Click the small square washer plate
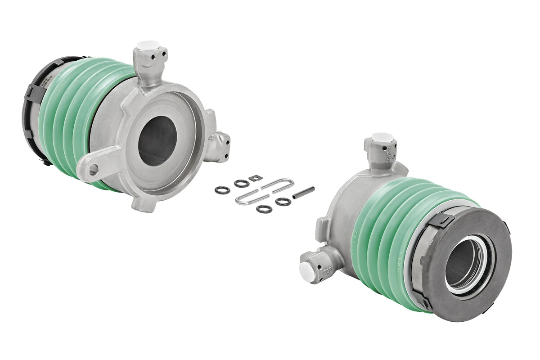[x=255, y=178]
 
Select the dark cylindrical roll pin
[x=303, y=193]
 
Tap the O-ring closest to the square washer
[x=242, y=183]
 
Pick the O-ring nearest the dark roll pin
[x=283, y=202]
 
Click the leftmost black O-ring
[x=222, y=190]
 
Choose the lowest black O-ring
[x=264, y=209]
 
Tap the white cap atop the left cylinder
[x=147, y=45]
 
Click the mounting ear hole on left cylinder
[x=94, y=169]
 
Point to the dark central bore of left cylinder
[x=157, y=140]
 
